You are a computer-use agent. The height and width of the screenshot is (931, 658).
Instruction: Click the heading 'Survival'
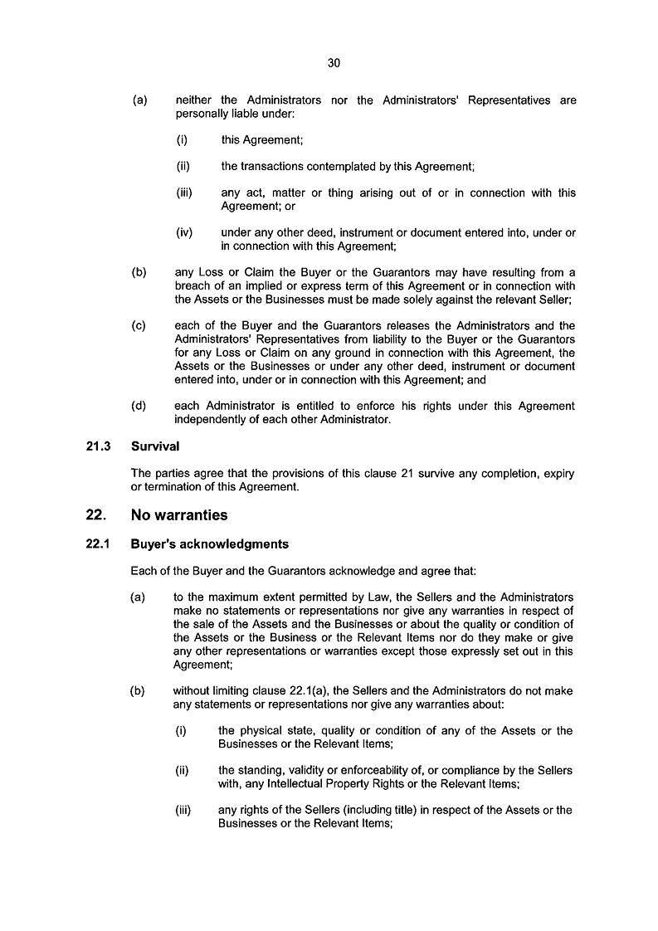[155, 446]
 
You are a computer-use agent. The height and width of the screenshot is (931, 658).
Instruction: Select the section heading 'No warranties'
[179, 515]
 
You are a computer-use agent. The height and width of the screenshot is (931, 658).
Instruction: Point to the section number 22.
[95, 515]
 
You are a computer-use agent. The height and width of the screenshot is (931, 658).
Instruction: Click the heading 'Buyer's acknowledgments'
[210, 545]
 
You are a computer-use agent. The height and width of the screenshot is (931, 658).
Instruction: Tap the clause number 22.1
[98, 545]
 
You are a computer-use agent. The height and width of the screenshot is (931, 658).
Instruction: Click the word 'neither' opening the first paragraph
[193, 101]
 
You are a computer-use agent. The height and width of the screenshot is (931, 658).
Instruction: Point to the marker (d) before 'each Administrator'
[139, 407]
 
